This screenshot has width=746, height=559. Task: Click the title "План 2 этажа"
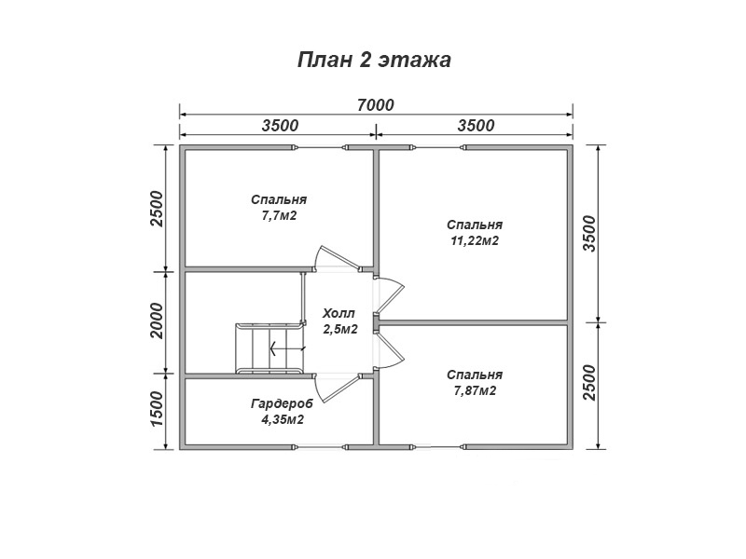pos(374,61)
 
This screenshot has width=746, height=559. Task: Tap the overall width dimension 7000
pos(376,104)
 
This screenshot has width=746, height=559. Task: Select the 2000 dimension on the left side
pos(156,320)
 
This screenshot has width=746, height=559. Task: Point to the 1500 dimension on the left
pos(156,409)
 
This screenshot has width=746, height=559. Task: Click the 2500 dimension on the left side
pos(156,209)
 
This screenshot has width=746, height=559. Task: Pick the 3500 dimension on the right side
pos(589,234)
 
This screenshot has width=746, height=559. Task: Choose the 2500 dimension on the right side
pos(589,383)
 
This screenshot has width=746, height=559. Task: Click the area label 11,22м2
pos(475,241)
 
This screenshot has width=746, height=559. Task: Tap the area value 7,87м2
pos(475,390)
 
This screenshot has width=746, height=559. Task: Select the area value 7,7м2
pos(279,216)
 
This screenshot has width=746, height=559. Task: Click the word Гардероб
pos(283,404)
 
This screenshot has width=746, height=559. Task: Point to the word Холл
pos(338,314)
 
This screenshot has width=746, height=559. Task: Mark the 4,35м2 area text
pos(283,420)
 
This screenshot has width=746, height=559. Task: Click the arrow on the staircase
pos(287,348)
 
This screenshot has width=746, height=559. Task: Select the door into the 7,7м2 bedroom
pos(337,259)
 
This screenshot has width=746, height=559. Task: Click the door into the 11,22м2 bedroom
pos(390,295)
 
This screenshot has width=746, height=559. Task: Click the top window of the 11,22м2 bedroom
pos(438,148)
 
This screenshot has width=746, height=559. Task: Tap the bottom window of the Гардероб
pos(319,447)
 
